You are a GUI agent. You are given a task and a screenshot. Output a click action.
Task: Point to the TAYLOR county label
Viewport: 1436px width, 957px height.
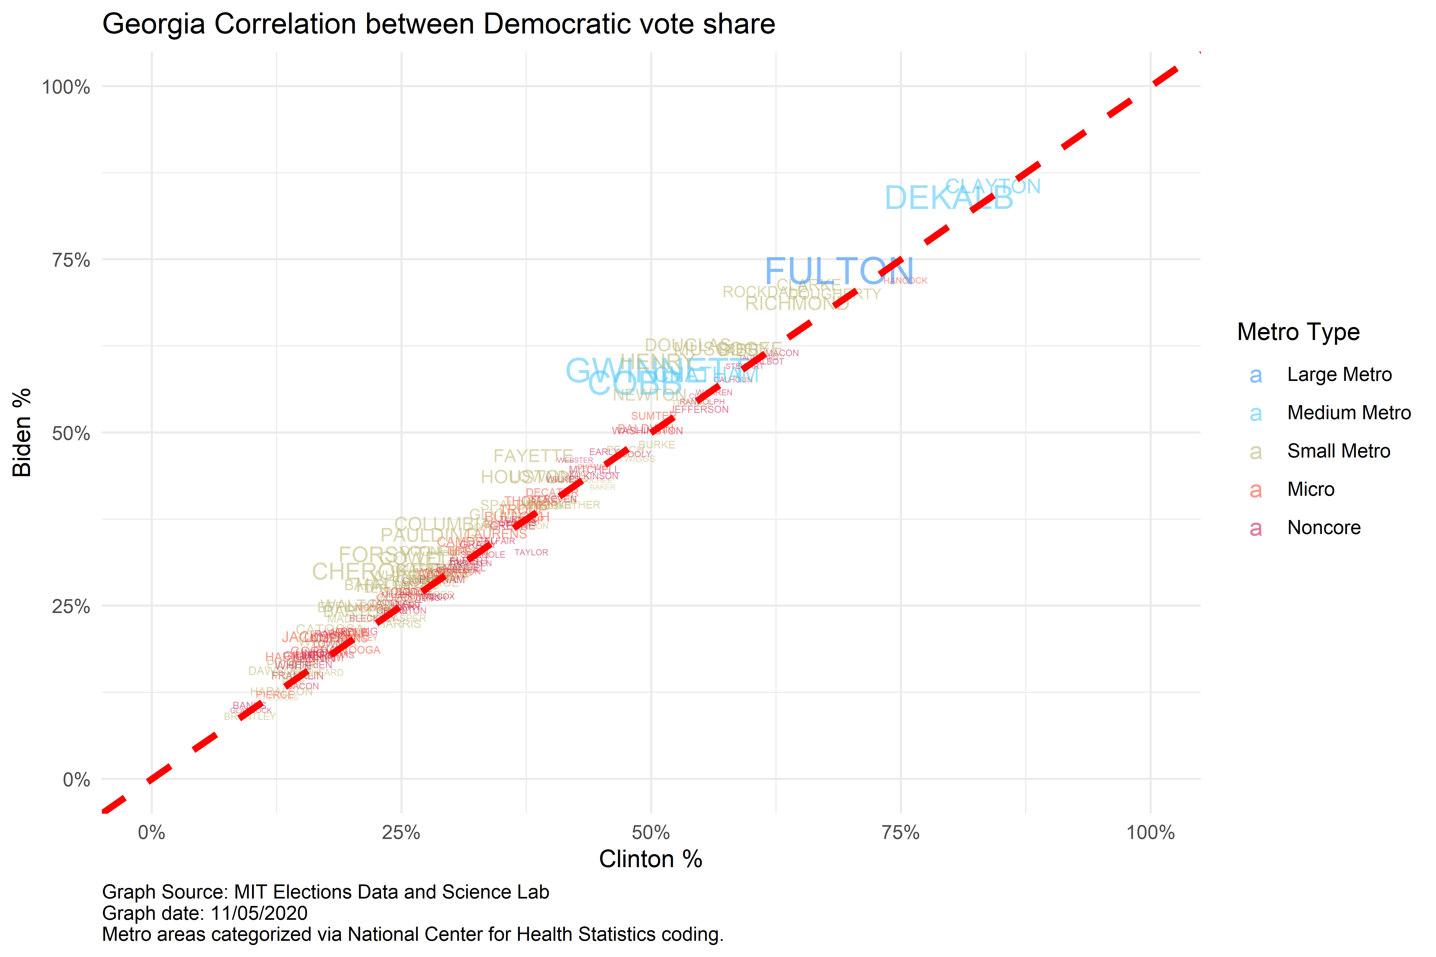coord(531,552)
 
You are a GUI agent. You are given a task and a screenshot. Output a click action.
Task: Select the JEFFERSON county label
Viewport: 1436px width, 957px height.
coord(700,410)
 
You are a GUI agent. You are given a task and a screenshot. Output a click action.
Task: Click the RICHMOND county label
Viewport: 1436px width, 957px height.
coord(797,303)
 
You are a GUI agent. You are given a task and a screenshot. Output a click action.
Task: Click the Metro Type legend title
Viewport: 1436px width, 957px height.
coord(1298,332)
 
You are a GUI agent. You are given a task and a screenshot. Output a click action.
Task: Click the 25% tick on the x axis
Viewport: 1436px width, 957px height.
coord(401,833)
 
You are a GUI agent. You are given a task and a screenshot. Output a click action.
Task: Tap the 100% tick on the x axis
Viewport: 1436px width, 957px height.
coord(1150,833)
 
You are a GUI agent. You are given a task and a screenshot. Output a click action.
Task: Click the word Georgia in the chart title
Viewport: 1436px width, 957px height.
coord(153,24)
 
